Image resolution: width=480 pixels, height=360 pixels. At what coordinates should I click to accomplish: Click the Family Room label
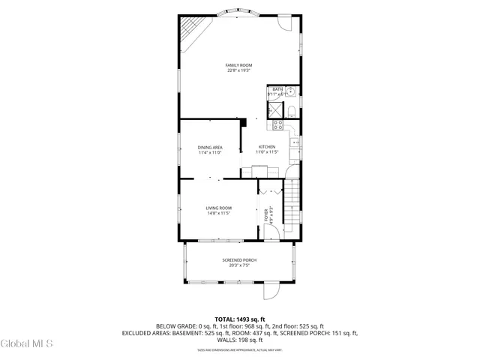(238, 68)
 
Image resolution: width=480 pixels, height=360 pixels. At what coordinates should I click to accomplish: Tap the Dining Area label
(210, 149)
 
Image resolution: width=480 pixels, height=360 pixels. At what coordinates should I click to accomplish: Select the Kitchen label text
(267, 149)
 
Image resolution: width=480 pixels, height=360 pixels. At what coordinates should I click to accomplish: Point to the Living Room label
(219, 210)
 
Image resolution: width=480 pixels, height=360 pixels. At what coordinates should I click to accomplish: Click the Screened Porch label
(235, 262)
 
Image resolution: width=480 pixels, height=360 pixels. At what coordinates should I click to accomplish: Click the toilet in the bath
(292, 112)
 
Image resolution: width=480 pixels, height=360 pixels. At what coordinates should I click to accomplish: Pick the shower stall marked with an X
(275, 112)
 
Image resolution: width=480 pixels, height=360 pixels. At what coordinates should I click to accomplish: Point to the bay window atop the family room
(238, 13)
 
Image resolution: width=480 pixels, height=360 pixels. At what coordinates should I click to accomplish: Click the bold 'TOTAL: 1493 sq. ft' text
(239, 319)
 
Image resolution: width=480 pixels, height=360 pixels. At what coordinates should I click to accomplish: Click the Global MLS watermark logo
(27, 344)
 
